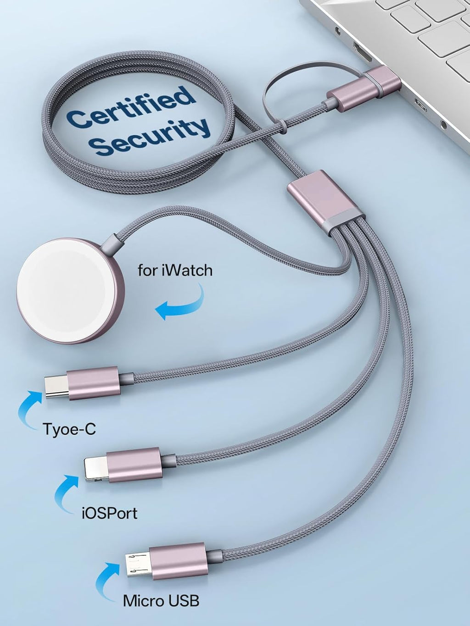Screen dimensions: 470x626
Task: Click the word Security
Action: [151, 136]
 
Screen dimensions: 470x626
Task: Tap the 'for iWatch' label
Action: [175, 271]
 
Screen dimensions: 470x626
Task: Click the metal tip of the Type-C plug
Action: [56, 387]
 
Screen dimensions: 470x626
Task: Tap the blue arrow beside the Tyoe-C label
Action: [28, 410]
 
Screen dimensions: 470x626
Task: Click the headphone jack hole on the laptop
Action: [443, 124]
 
